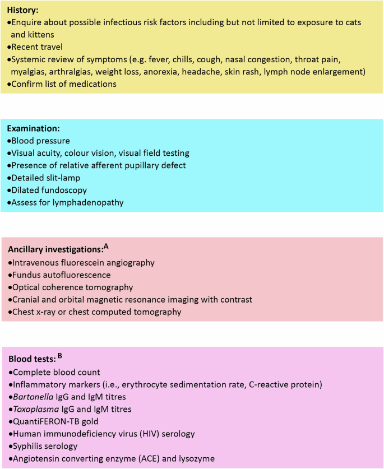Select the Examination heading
pyautogui.click(x=33, y=128)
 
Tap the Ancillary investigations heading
pyautogui.click(x=55, y=249)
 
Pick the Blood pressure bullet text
pyautogui.click(x=40, y=141)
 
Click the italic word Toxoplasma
pyautogui.click(x=35, y=409)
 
